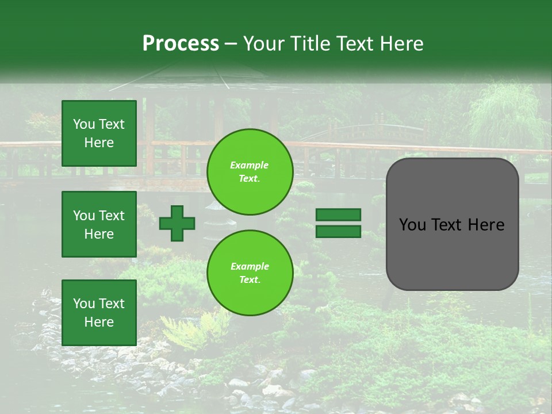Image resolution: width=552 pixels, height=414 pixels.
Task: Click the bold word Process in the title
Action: pyautogui.click(x=181, y=44)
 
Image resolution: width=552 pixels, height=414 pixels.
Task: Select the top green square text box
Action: pyautogui.click(x=99, y=133)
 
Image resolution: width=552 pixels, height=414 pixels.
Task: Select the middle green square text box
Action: pyautogui.click(x=99, y=224)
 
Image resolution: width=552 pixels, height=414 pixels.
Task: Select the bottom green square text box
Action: pyautogui.click(x=99, y=312)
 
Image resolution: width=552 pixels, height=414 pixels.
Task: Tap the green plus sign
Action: pyautogui.click(x=177, y=223)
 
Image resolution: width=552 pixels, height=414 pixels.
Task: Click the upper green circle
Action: pyautogui.click(x=250, y=172)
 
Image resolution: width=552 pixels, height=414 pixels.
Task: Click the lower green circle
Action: pyautogui.click(x=250, y=273)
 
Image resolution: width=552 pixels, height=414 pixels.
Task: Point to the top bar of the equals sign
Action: pyautogui.click(x=338, y=214)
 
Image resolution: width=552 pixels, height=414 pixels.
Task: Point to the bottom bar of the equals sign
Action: pyautogui.click(x=338, y=231)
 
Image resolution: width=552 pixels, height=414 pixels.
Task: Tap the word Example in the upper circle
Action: pyautogui.click(x=250, y=165)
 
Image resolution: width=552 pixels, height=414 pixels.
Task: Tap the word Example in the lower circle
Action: pyautogui.click(x=250, y=266)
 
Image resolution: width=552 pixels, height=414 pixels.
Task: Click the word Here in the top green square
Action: pyautogui.click(x=99, y=143)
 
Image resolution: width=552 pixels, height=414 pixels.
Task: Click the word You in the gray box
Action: pyautogui.click(x=412, y=225)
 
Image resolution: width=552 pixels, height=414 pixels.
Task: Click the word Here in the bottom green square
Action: pyautogui.click(x=99, y=322)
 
